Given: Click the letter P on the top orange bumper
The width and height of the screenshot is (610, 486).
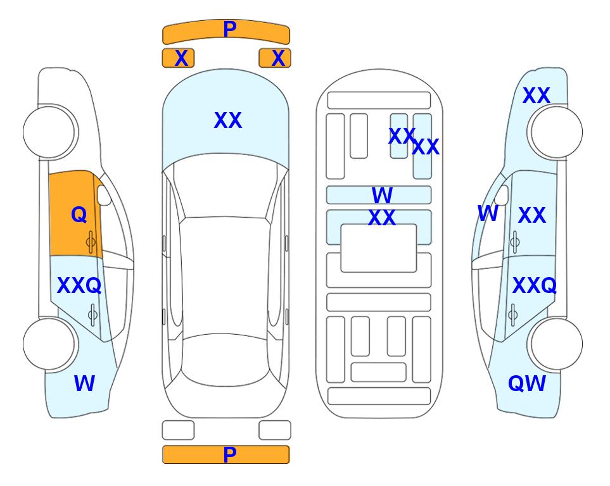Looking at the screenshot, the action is click(x=229, y=29).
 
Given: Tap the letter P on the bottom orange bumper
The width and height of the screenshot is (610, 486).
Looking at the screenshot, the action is click(x=229, y=454).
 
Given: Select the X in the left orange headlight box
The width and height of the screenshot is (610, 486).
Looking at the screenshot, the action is click(x=181, y=58).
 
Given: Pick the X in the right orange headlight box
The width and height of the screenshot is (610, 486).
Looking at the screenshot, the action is click(x=278, y=58).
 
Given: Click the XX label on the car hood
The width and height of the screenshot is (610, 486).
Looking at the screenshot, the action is click(x=228, y=120).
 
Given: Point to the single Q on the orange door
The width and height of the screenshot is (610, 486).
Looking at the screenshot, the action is click(x=79, y=215).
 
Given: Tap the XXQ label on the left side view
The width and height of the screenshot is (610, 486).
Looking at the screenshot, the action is click(x=79, y=285).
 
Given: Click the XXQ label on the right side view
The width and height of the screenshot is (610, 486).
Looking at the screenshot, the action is click(x=535, y=285).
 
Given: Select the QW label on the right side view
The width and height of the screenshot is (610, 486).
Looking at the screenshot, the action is click(x=527, y=383).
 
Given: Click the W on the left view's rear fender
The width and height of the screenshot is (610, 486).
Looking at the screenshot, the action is click(x=84, y=383).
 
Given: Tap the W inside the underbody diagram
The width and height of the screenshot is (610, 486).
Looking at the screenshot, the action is click(x=382, y=195).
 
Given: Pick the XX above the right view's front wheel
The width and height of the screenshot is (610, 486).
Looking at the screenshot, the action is click(x=537, y=96).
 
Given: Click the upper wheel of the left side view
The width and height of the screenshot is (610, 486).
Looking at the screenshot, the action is click(x=49, y=132).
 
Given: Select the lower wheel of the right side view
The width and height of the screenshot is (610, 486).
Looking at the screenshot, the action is click(x=556, y=344).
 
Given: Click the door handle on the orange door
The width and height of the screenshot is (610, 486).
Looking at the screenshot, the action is click(x=91, y=242).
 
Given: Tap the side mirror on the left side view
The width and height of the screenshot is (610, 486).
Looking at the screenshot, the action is click(x=104, y=195).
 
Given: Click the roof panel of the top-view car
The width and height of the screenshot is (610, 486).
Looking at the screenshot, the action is click(x=225, y=276).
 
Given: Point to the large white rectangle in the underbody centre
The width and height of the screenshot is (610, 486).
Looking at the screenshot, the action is click(x=379, y=248).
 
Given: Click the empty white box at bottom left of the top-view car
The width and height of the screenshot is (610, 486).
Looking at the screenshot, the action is click(x=178, y=430).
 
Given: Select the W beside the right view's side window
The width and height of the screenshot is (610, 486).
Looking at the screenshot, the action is click(x=488, y=213).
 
